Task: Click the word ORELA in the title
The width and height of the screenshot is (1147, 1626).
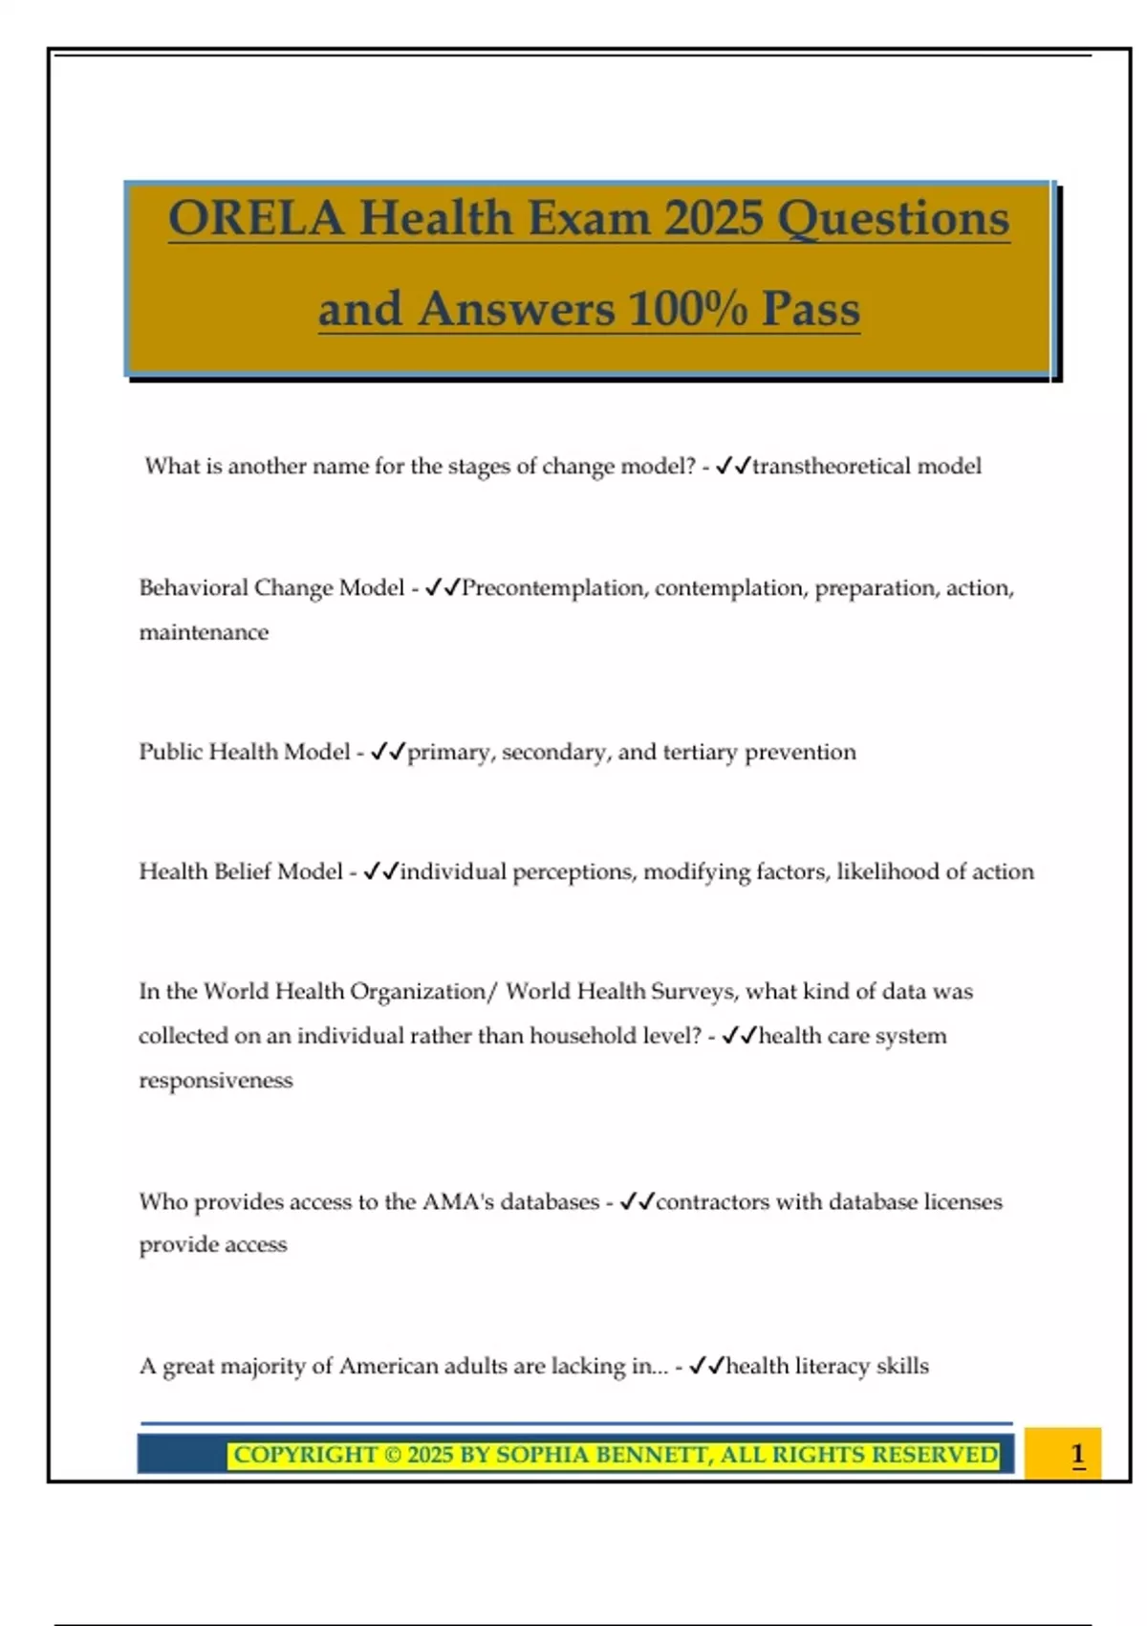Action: point(255,218)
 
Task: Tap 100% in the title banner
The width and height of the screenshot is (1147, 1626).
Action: point(688,309)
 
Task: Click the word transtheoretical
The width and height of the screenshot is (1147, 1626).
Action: point(831,467)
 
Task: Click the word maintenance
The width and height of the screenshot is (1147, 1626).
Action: point(204,632)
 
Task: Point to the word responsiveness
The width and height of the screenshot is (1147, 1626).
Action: point(216,1081)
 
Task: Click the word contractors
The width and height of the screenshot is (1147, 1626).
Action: point(712,1202)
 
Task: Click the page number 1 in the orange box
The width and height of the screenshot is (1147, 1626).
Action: point(1077,1455)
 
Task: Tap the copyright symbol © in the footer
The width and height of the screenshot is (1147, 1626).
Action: point(392,1456)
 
